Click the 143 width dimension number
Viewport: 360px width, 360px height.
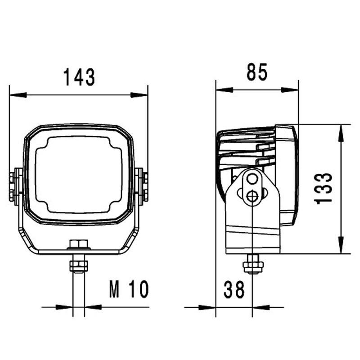tap(79, 77)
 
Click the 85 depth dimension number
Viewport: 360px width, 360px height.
tap(257, 72)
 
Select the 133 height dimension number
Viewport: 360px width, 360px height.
tap(324, 188)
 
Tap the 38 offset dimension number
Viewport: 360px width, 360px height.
tap(234, 290)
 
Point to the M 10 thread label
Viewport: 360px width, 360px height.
tap(128, 290)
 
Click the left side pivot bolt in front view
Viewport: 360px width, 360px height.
tap(17, 185)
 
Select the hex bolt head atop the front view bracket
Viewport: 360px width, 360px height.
tap(79, 245)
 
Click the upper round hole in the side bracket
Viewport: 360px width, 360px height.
tap(252, 180)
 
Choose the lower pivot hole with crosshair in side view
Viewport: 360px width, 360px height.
tap(252, 196)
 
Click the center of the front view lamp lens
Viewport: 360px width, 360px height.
tap(79, 175)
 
